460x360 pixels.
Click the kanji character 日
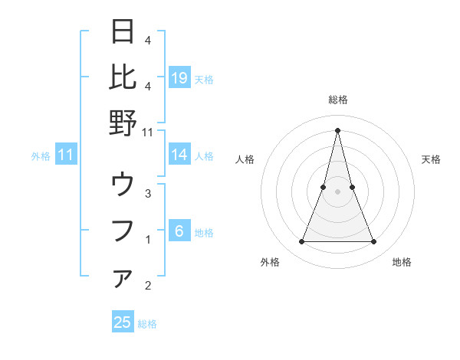[123, 32]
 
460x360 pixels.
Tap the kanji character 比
[123, 77]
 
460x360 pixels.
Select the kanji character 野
[123, 123]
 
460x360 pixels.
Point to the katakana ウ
[123, 185]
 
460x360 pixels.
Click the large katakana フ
[123, 231]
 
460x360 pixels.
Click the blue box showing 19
[179, 78]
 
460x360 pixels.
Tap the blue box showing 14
[179, 155]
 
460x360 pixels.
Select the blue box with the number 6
[179, 232]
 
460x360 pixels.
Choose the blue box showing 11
[66, 155]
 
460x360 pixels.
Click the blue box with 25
[123, 322]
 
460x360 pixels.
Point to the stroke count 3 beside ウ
[148, 194]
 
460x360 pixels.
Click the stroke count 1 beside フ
[148, 240]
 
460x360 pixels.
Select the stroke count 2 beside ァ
[148, 286]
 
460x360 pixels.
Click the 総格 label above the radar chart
[337, 100]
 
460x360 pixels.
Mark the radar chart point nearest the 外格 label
[301, 242]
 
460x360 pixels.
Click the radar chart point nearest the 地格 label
[374, 242]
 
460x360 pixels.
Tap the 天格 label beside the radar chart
[431, 159]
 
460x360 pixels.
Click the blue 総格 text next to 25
[148, 324]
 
